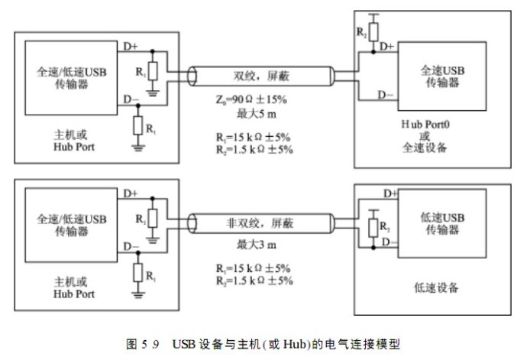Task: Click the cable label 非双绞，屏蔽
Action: (x=263, y=225)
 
